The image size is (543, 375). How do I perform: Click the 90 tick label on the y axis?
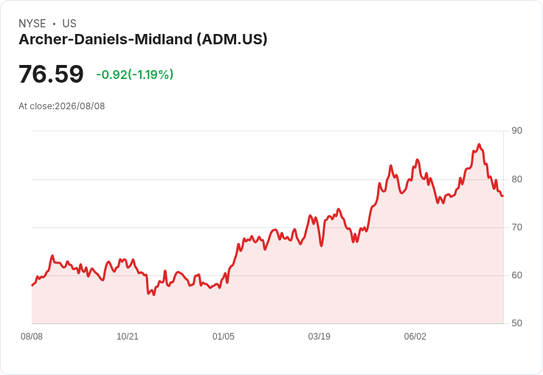coord(516,131)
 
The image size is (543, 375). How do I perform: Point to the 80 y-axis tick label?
coord(516,179)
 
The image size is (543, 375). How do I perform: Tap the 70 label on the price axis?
coord(516,227)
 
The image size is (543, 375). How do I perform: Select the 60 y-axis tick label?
coord(516,275)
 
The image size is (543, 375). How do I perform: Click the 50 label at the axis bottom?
coord(516,323)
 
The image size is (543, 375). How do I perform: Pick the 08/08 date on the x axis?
coord(32,337)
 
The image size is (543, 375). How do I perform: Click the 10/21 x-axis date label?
coord(128,337)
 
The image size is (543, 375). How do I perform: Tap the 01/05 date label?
coord(224,337)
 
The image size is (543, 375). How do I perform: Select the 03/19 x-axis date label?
coord(319,337)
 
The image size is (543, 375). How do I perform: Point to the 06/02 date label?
coord(415,337)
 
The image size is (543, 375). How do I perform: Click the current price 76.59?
coord(51,74)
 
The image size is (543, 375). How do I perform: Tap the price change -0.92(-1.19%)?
coord(135,75)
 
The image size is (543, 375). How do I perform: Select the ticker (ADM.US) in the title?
coord(232,40)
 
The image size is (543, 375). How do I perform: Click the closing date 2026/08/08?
coord(80,106)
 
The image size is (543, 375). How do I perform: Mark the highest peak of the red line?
coord(480,144)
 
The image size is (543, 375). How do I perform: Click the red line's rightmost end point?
coord(503,196)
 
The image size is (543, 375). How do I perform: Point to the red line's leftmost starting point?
coord(32,285)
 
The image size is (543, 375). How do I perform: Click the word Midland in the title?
coord(163,40)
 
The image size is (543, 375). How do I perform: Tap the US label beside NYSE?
coord(69,24)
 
